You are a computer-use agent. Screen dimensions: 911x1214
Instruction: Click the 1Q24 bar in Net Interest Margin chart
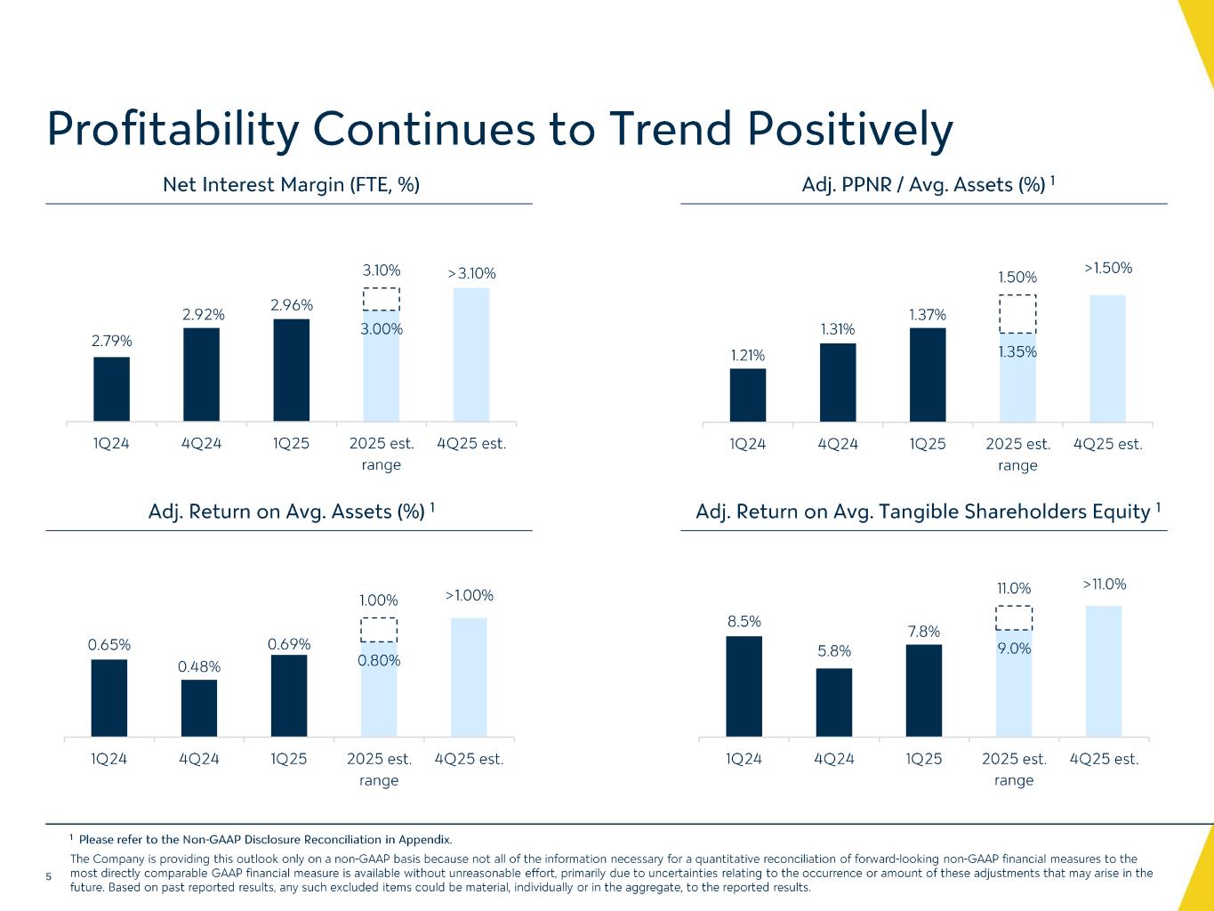[x=111, y=389]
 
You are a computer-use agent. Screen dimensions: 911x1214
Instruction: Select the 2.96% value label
[x=292, y=305]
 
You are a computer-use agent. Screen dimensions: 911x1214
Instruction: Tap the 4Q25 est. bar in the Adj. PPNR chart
[x=1107, y=358]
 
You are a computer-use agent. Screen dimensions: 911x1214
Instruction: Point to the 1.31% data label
[x=837, y=330]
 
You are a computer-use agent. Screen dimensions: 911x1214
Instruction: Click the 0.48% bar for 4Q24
[x=199, y=708]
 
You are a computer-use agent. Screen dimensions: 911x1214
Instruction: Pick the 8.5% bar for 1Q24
[x=744, y=686]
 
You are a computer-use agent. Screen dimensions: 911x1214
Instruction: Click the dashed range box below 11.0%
[x=1014, y=617]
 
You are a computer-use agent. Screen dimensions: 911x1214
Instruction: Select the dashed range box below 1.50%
[x=1017, y=313]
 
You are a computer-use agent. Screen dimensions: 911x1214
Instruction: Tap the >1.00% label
[x=469, y=595]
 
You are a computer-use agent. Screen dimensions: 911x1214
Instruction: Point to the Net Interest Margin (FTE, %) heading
[x=291, y=184]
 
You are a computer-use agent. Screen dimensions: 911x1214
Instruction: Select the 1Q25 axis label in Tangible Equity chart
[x=923, y=759]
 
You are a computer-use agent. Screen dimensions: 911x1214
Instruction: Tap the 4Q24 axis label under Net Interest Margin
[x=201, y=443]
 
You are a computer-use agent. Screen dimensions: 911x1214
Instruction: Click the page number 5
[x=49, y=877]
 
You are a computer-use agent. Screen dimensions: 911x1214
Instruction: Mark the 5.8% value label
[x=833, y=650]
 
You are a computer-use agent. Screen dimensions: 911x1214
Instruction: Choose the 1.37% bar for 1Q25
[x=928, y=375]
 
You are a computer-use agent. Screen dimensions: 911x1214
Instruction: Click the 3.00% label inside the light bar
[x=381, y=329]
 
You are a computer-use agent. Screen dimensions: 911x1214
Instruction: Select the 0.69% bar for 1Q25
[x=289, y=696]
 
